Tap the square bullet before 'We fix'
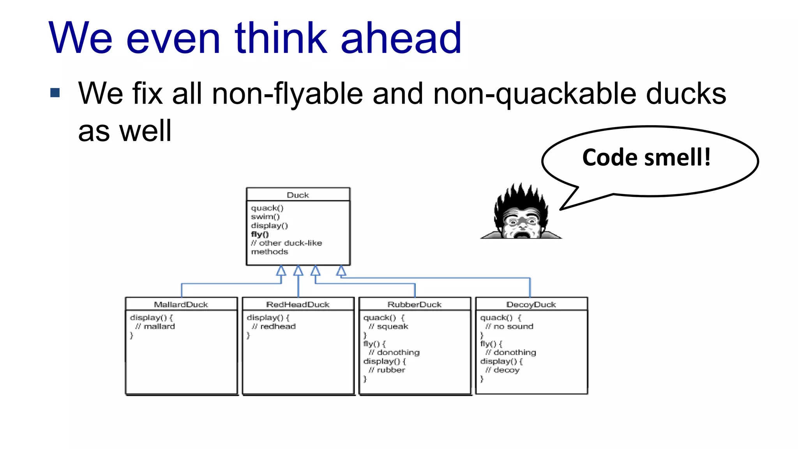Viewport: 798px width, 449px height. pos(55,93)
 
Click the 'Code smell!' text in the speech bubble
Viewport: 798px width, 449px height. pos(646,157)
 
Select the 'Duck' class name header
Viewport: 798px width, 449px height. pos(298,195)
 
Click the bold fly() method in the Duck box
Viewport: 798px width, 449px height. pos(260,234)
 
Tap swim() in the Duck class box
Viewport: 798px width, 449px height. pos(265,217)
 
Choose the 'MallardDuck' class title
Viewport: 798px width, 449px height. pos(181,304)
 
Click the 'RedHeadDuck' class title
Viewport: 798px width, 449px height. pos(298,304)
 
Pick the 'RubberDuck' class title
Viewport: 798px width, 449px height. pos(414,304)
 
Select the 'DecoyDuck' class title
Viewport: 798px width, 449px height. pos(531,304)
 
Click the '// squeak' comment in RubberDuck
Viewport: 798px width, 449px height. pos(388,327)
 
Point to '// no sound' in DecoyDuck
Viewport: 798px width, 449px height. pos(509,327)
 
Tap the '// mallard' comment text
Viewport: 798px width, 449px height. pos(155,327)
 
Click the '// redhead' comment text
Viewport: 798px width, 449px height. pos(274,327)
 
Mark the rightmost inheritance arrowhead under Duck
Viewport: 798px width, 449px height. pos(341,270)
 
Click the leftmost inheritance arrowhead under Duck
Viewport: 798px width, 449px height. pos(281,270)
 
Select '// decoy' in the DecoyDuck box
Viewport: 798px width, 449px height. pos(503,370)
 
